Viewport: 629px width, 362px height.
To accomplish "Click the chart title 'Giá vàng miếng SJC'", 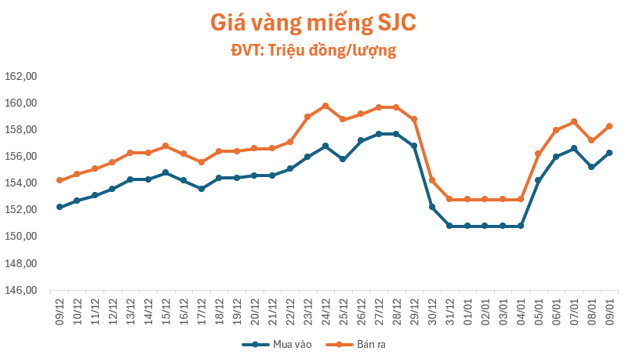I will (313, 23).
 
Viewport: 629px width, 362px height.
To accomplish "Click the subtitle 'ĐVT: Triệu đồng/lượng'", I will (313, 51).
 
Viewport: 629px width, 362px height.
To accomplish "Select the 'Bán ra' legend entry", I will (356, 344).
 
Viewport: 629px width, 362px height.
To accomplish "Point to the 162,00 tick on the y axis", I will (22, 77).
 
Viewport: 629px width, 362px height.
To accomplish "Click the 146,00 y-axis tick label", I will (22, 290).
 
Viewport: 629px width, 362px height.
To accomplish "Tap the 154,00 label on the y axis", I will (22, 183).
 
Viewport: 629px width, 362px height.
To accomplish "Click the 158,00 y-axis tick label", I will (22, 130).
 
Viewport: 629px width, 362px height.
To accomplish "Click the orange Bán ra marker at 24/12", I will (325, 106).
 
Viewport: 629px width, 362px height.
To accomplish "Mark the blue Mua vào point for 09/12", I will (60, 207).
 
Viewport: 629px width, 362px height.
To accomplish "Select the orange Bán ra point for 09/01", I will (609, 126).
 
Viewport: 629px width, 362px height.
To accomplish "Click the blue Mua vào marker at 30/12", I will (432, 207).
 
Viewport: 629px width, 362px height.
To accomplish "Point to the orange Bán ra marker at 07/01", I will (574, 121).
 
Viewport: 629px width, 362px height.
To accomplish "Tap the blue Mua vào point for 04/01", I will (521, 226).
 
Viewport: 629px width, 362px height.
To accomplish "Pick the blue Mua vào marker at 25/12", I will (343, 159).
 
